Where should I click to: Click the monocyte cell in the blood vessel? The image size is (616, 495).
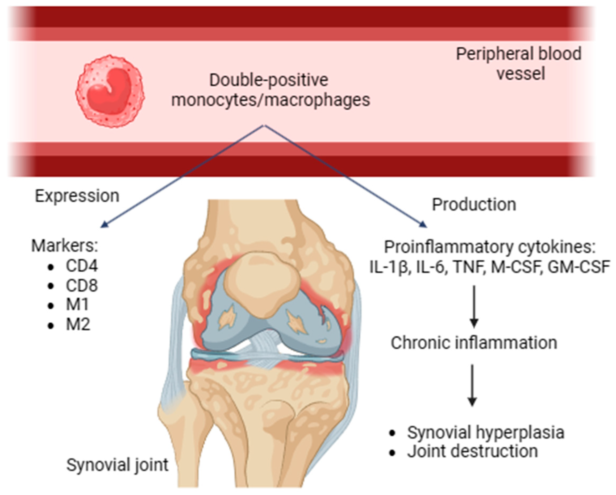coord(110,91)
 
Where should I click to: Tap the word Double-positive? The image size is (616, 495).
coord(269,80)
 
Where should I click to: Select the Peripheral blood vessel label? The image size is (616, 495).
coord(519,64)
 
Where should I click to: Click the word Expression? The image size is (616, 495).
coord(77,196)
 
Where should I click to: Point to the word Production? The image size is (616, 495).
coord(474,205)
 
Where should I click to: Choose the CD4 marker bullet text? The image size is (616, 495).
coord(82,266)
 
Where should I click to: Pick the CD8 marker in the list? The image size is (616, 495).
coord(82,285)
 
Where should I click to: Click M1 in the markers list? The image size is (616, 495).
coord(77,305)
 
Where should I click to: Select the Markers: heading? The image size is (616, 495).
coord(65,246)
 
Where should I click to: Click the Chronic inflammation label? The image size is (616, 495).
coord(474,343)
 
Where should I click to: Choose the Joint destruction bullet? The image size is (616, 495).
coord(472,452)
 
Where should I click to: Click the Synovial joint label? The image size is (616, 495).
coord(117,465)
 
